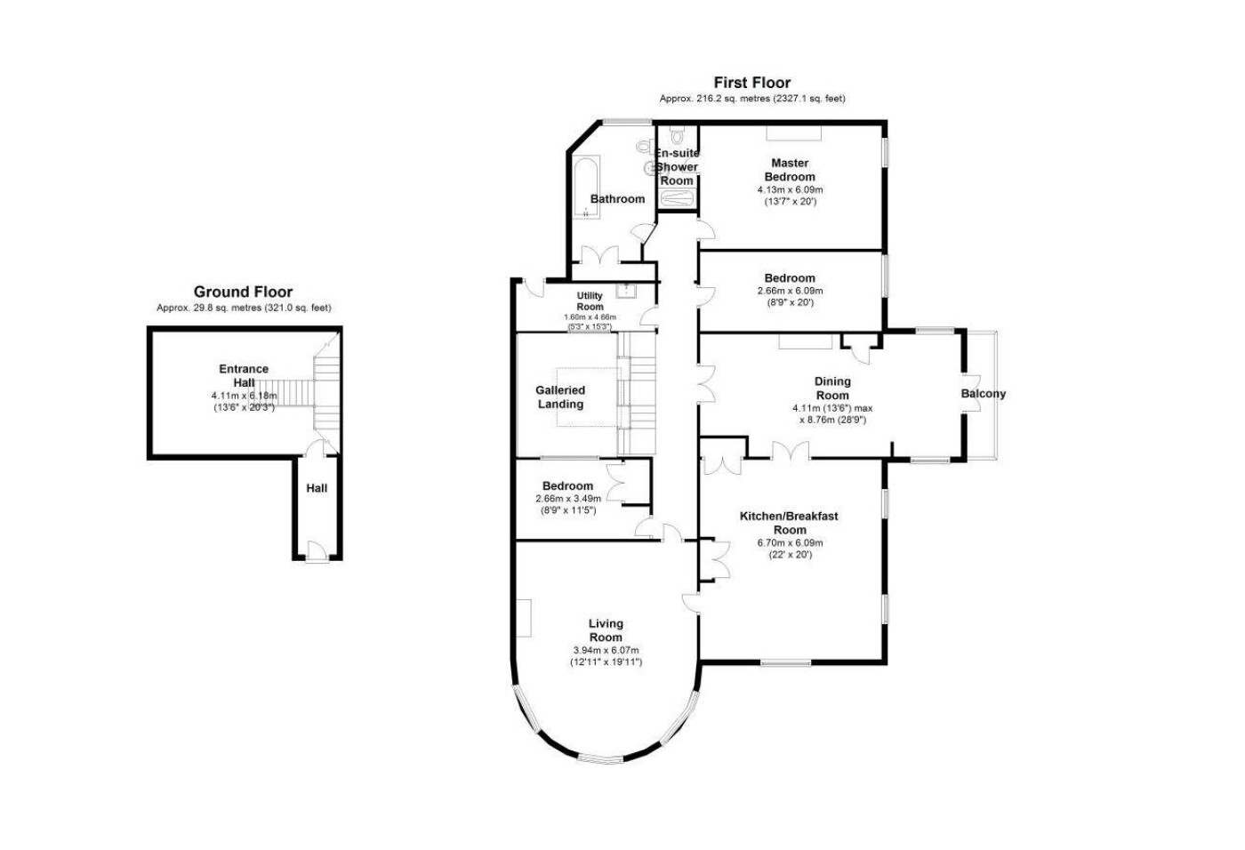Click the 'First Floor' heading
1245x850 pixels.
pos(752,83)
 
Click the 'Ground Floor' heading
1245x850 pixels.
pos(243,292)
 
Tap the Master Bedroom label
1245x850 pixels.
pos(790,170)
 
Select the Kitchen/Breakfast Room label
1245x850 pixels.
pos(789,523)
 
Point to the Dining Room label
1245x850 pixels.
pos(832,389)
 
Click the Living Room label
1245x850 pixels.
pos(606,630)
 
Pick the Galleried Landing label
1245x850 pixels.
pos(560,397)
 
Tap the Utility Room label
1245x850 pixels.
pos(590,301)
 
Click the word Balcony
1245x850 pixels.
pos(984,394)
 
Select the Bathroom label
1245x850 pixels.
pos(617,199)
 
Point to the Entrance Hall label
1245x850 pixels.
pos(244,375)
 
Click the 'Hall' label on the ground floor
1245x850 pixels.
pos(317,488)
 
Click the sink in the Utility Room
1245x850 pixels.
pos(626,291)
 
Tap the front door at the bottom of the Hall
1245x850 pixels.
pos(317,551)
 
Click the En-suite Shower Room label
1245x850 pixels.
pos(677,166)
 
